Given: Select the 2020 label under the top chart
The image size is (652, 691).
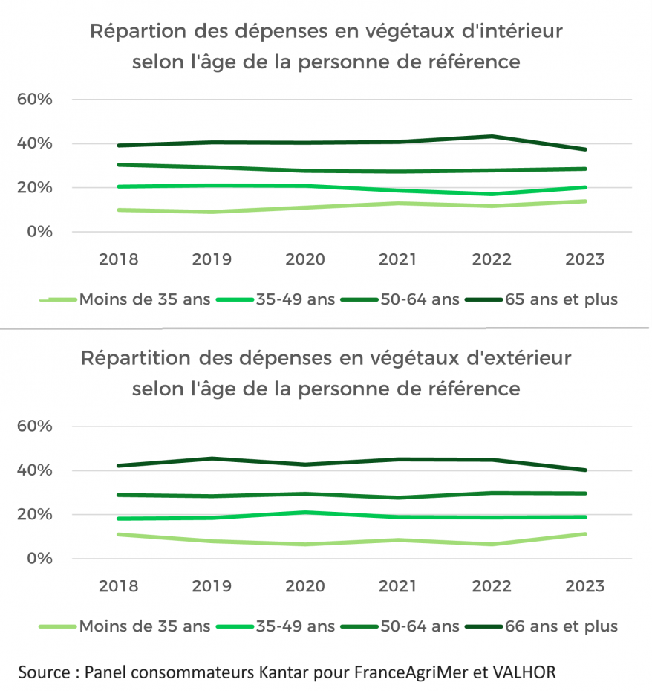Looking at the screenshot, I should point(305,259).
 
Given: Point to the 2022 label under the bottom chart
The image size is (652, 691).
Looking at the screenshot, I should point(492,586).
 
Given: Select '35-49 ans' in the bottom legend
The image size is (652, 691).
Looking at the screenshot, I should point(294,626).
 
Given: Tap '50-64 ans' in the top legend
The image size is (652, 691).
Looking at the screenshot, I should point(419,299).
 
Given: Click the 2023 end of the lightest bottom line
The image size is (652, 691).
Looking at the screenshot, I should point(585,534).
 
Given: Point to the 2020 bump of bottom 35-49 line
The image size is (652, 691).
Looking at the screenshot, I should point(305,513).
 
